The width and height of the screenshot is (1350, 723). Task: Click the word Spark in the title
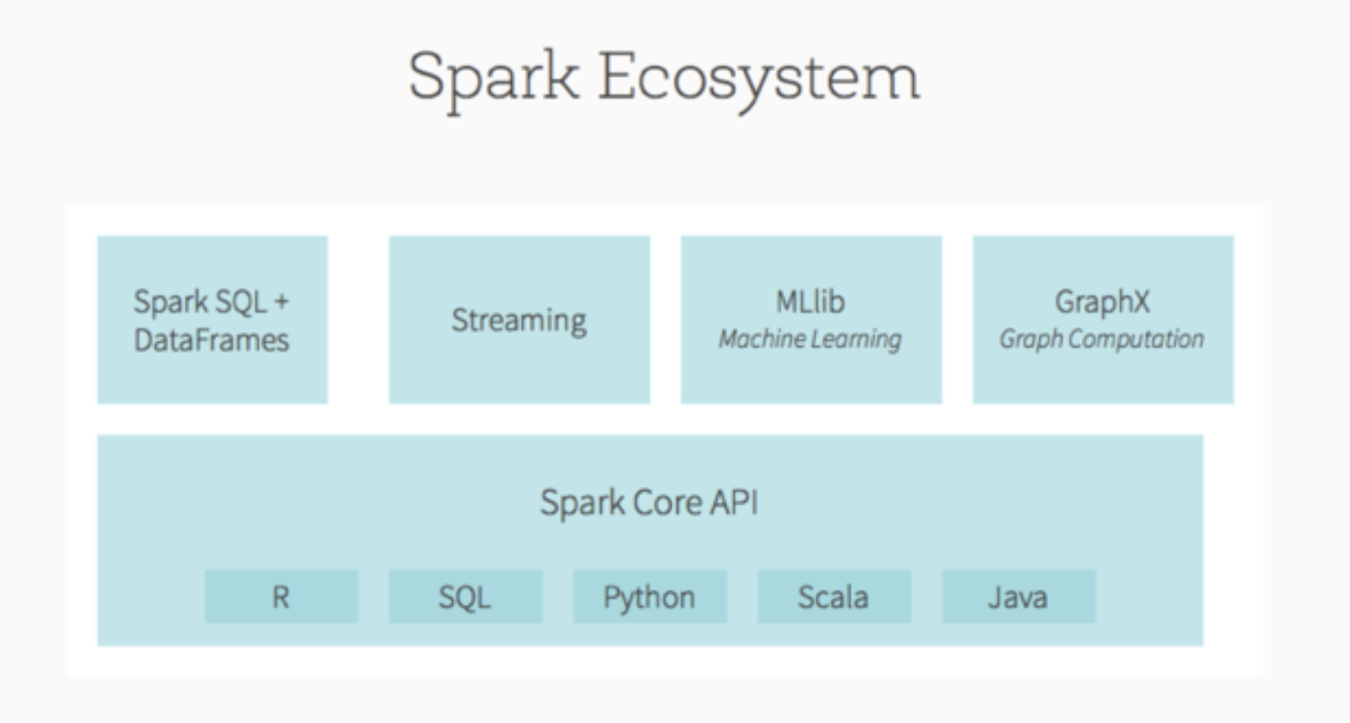493,78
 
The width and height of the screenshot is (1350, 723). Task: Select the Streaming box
519,320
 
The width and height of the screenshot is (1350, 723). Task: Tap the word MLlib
810,302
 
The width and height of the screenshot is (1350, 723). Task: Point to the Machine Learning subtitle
810,340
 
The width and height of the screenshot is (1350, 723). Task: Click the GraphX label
1102,302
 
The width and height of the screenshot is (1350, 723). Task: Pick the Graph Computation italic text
1102,340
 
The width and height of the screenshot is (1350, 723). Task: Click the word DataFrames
212,340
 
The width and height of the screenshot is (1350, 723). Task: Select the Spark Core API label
649,501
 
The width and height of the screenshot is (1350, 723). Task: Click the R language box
281,597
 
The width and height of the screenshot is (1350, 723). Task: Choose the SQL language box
465,597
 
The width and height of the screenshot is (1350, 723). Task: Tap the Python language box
650,597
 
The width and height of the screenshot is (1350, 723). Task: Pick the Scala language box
834,597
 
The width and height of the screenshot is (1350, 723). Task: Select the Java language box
1018,597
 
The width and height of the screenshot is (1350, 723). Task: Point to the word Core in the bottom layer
656,501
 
